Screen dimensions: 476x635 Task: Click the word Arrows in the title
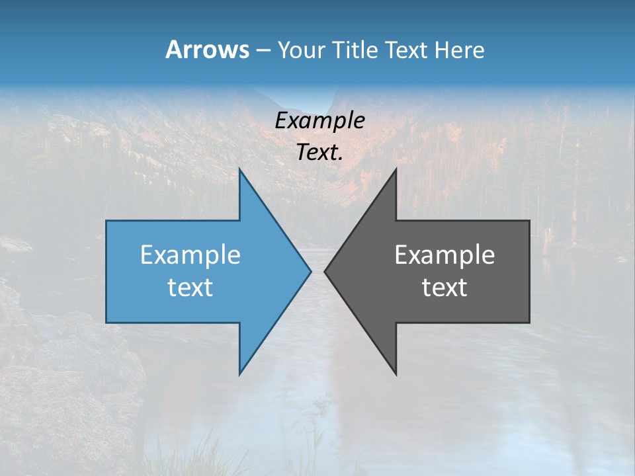(206, 50)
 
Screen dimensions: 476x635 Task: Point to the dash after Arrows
(263, 50)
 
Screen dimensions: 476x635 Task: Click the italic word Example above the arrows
(320, 120)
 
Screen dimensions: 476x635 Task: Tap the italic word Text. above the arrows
(320, 152)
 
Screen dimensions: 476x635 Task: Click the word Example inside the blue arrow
(190, 255)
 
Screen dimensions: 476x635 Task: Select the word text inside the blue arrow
(190, 288)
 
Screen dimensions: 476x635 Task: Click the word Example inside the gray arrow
(444, 255)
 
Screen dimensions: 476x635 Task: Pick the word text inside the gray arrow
(444, 288)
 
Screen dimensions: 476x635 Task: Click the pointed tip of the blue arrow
(311, 271)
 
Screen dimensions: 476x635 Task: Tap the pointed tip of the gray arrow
(325, 271)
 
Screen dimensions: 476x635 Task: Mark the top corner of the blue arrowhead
(239, 169)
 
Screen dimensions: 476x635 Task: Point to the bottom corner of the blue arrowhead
(239, 375)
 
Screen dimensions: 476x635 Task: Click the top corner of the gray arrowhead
(396, 169)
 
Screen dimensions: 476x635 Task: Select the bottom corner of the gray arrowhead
(396, 375)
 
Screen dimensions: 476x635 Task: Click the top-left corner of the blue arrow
(106, 221)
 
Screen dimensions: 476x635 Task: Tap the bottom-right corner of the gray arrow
(529, 323)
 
